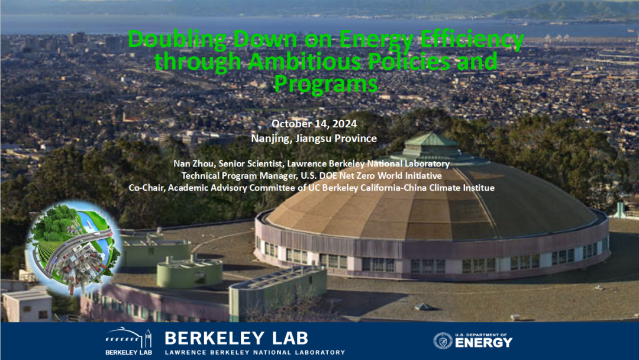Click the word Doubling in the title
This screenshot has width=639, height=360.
point(177,40)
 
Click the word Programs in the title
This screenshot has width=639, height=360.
point(325,85)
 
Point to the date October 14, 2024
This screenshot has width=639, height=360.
point(314,124)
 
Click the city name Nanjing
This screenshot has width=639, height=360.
point(271,139)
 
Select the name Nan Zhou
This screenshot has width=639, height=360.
point(195,163)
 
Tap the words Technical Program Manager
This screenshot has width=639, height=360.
point(239,176)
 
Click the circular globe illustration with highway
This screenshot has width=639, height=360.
point(74,248)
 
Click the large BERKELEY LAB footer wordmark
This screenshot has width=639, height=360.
point(236,339)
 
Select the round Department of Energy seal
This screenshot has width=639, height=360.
point(443,341)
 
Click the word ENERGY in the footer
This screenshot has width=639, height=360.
point(483,343)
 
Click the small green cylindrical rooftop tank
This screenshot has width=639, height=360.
point(190,271)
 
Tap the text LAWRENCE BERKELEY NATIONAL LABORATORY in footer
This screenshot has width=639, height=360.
point(255,352)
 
